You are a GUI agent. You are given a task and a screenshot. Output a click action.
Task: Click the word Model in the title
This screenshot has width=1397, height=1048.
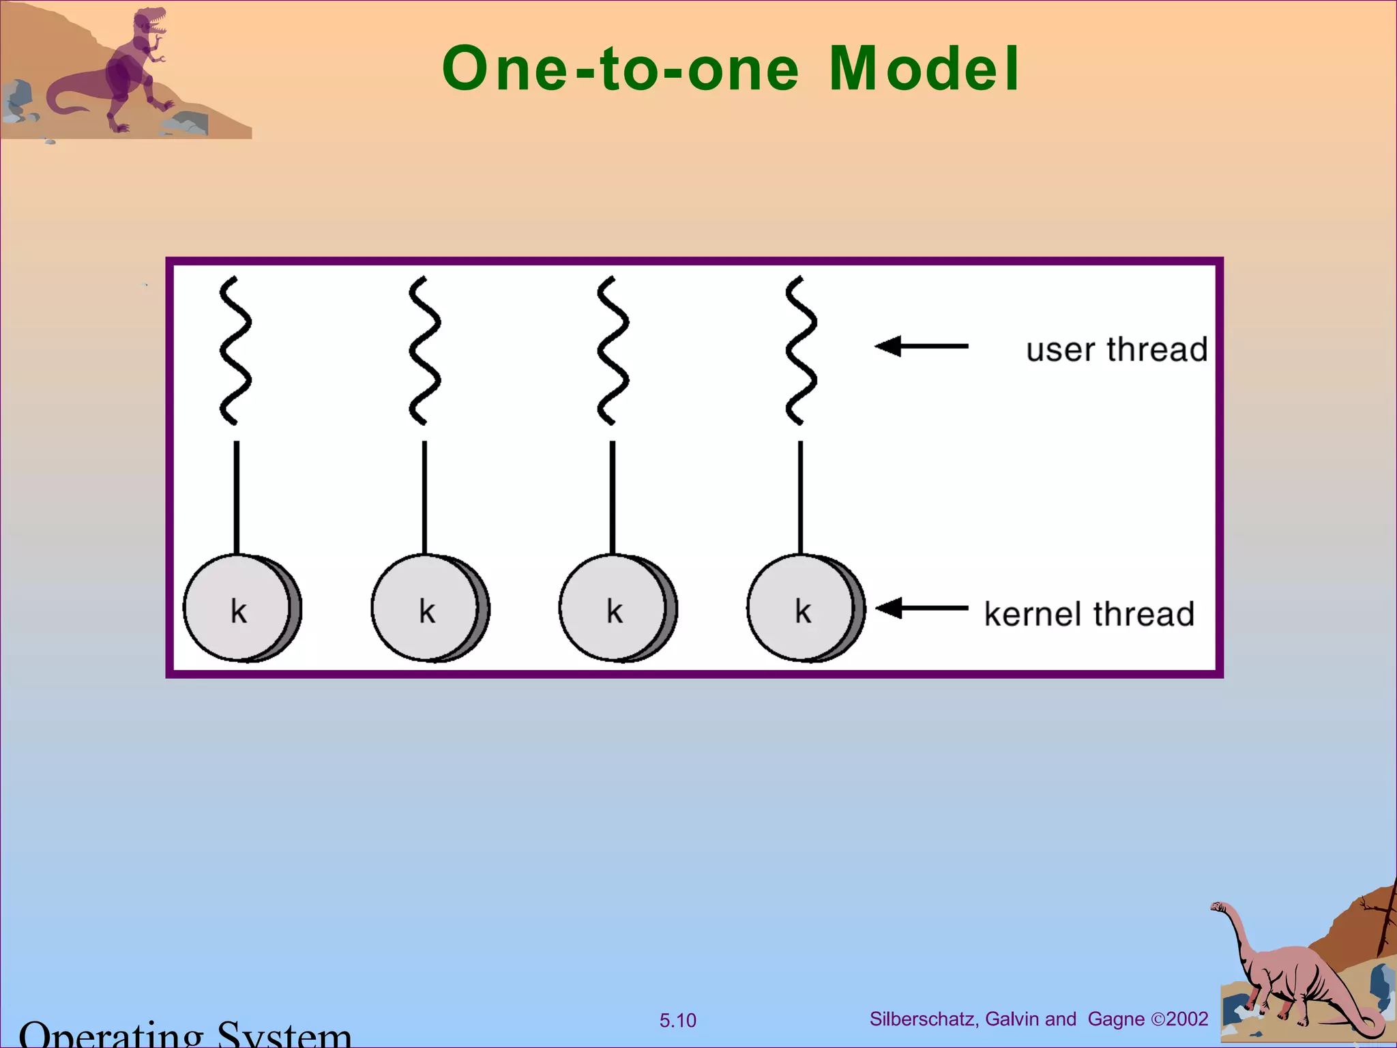click(x=924, y=68)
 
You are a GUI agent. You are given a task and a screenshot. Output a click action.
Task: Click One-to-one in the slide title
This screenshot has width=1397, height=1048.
click(x=620, y=68)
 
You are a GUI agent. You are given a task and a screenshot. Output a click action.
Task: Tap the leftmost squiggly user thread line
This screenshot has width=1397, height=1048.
click(x=235, y=350)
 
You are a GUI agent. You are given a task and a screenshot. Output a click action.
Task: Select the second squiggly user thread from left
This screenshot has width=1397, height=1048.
click(x=424, y=350)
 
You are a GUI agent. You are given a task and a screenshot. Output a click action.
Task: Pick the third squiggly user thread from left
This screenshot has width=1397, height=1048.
click(x=613, y=350)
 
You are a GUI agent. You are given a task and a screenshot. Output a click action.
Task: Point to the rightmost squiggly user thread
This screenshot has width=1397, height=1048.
click(x=801, y=350)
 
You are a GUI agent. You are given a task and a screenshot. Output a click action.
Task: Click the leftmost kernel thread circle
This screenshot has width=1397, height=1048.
click(x=239, y=608)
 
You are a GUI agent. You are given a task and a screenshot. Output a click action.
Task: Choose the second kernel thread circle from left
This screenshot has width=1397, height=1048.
click(x=428, y=608)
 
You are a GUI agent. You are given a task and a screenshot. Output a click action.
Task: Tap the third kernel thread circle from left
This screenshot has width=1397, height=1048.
click(x=616, y=608)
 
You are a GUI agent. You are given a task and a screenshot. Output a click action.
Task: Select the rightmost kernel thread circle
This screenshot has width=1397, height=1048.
click(x=804, y=608)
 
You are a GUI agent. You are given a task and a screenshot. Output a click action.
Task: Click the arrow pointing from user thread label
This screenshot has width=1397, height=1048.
click(x=922, y=347)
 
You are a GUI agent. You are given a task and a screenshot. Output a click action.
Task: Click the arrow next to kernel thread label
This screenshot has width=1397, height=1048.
click(x=922, y=607)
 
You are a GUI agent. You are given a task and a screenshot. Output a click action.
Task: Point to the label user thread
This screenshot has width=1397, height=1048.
click(x=1117, y=350)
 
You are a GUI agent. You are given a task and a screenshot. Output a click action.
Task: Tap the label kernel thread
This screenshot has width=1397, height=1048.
click(x=1089, y=614)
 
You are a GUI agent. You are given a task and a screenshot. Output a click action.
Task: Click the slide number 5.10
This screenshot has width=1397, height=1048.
click(x=677, y=1021)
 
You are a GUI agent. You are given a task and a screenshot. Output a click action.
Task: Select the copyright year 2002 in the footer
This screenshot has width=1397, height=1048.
click(x=1187, y=1019)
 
